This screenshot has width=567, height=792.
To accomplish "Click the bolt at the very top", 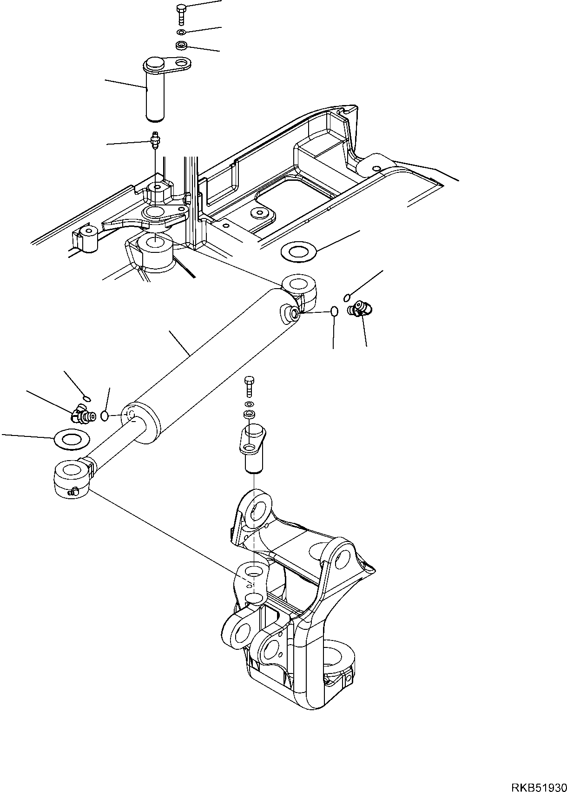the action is [181, 14].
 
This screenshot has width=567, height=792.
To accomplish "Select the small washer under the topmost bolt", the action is [181, 33].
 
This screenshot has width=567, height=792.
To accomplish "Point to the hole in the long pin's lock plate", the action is [182, 64].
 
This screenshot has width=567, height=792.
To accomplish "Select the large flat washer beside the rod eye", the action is [72, 440].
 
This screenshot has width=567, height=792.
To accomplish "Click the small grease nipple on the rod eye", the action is [74, 490].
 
